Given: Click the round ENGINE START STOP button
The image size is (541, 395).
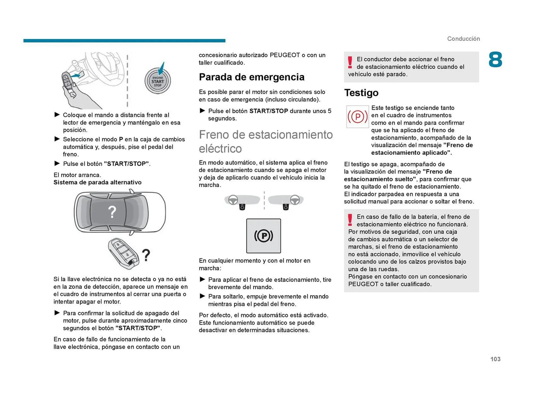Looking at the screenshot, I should pos(158,81).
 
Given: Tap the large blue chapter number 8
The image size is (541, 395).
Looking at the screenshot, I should pos(495,60).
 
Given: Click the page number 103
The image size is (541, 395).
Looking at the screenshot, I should pos(495,359).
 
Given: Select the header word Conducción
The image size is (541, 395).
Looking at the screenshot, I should pos(463,39).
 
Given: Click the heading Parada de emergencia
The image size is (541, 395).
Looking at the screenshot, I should pos(251,77).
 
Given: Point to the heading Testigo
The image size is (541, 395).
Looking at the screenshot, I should pos(361,93).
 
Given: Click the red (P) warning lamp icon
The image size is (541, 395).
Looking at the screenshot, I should pos(357,117).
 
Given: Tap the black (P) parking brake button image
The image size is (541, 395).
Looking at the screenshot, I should pos(263,236).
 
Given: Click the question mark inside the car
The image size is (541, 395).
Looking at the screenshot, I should pos(112,212).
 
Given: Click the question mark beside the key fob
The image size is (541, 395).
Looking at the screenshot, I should pos(146,255).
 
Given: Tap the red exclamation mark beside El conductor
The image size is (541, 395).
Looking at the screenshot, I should pos(350,62).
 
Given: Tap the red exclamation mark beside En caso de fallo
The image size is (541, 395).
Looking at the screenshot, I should pos(350,220).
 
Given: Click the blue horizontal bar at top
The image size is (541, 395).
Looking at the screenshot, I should pos(124,41).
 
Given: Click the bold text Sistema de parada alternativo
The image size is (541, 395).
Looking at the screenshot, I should pos(97,182).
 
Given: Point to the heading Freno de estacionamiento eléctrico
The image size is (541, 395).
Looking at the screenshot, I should pos(265,141).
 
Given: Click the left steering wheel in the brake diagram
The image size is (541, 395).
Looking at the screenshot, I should pos(233,200).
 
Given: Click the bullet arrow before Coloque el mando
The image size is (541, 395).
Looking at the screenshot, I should pos(57,115).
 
